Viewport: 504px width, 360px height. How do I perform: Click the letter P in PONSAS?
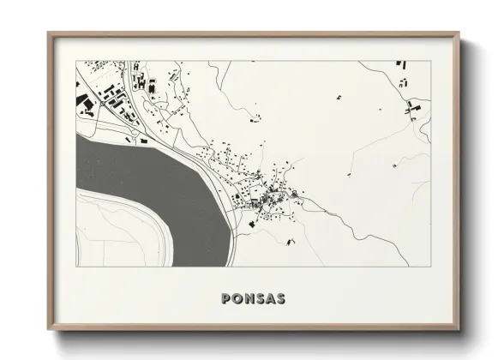(225, 299)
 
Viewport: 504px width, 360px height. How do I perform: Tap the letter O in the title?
(237, 299)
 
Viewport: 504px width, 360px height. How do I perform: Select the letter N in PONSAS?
(249, 299)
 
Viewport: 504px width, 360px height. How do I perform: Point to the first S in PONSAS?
(261, 299)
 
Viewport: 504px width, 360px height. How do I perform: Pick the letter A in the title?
(271, 299)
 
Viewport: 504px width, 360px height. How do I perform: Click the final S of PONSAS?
(282, 299)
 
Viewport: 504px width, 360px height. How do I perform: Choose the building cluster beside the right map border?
(414, 108)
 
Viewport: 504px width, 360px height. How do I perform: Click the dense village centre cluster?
(273, 200)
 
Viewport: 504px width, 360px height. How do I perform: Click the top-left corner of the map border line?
(76, 61)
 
